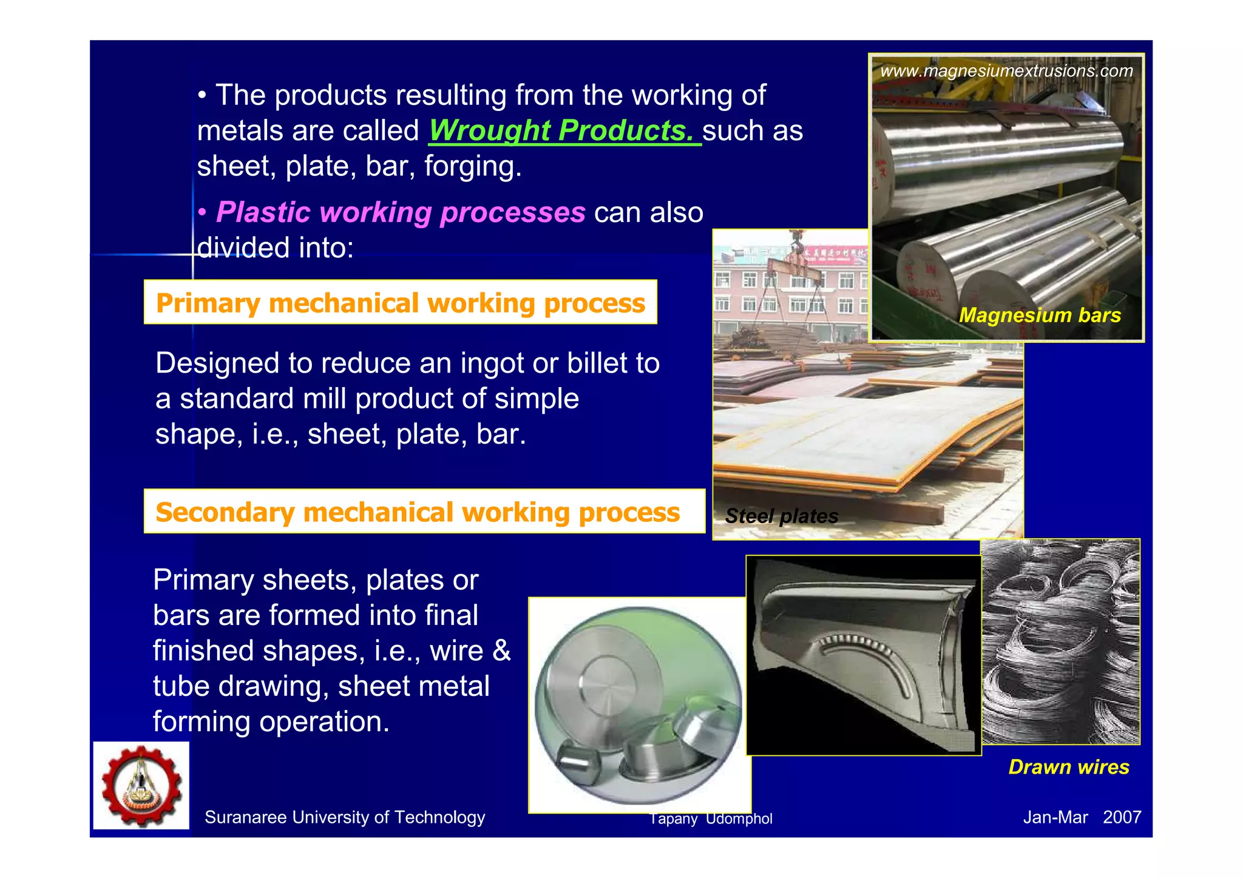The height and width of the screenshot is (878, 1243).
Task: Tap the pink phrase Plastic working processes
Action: pyautogui.click(x=401, y=212)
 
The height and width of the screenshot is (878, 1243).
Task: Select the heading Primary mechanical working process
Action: pyautogui.click(x=401, y=303)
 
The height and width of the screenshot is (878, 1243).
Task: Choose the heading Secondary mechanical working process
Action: pyautogui.click(x=418, y=512)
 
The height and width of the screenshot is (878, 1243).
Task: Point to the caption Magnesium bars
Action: pyautogui.click(x=1040, y=316)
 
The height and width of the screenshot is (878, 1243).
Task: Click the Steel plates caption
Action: pyautogui.click(x=781, y=516)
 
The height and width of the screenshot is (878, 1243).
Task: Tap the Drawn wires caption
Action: pyautogui.click(x=1068, y=767)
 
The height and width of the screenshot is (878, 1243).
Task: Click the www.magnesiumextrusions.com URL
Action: pyautogui.click(x=1006, y=71)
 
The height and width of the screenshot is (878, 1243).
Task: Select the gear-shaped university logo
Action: pyautogui.click(x=141, y=786)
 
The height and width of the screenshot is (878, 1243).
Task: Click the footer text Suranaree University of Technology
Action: pyautogui.click(x=345, y=817)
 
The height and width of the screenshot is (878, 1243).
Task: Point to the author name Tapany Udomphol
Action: pyautogui.click(x=711, y=819)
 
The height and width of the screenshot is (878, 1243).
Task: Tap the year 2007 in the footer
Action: pyautogui.click(x=1122, y=817)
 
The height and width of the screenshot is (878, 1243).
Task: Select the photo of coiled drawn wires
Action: pyautogui.click(x=1060, y=641)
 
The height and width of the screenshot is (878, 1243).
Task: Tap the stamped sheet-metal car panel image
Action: pyautogui.click(x=863, y=655)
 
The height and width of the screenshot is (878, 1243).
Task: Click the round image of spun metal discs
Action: pyautogui.click(x=639, y=705)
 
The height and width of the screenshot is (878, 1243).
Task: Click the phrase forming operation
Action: pyautogui.click(x=271, y=721)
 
